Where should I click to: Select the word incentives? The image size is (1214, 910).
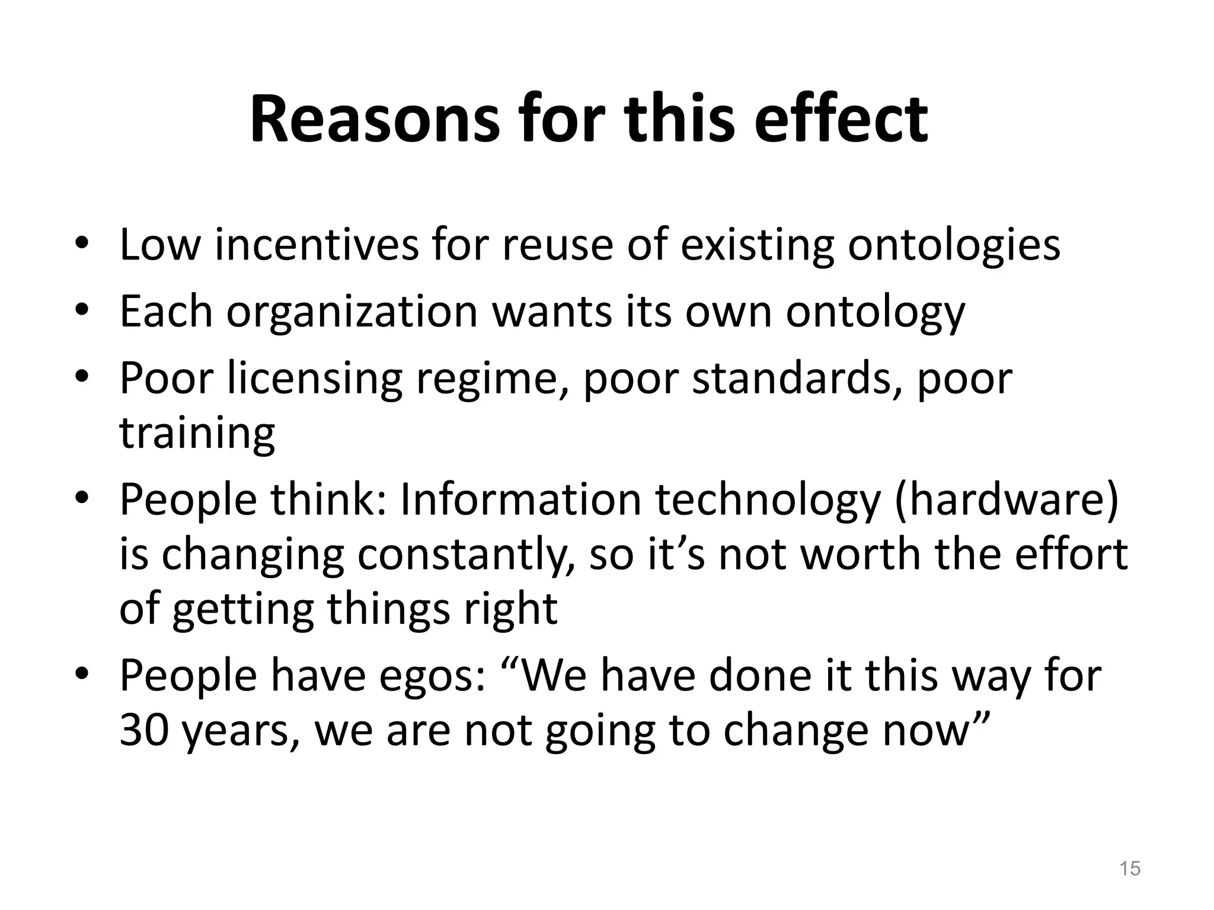[x=317, y=245]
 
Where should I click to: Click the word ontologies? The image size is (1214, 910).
[x=954, y=245]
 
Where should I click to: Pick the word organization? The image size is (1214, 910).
[x=352, y=312]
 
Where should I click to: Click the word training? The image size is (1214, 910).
[x=197, y=433]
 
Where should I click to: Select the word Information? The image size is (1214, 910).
[x=521, y=500]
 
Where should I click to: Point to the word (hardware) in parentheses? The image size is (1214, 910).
[x=1007, y=500]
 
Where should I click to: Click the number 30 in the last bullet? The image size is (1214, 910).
[x=145, y=730]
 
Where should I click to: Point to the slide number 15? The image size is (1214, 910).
[x=1130, y=869]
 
